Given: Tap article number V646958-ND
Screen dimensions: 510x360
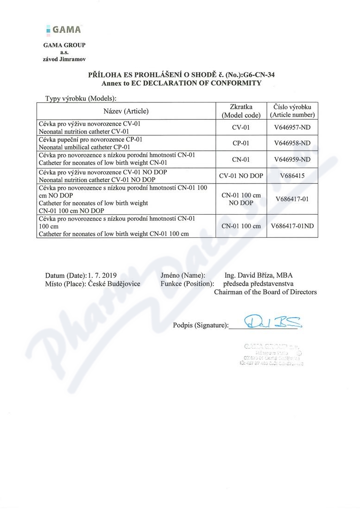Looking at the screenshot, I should [x=292, y=143].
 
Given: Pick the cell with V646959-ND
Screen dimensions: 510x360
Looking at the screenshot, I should [x=292, y=159].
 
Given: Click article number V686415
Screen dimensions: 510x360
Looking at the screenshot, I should [x=292, y=175].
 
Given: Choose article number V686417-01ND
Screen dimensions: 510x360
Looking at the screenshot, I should [x=292, y=226].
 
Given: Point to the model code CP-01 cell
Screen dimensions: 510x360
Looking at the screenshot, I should [x=241, y=143].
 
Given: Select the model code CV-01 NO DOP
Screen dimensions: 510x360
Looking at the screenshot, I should [x=241, y=175].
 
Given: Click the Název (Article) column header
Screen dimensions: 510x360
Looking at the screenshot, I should [x=126, y=111].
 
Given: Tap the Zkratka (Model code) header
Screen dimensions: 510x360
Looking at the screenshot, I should [x=241, y=111].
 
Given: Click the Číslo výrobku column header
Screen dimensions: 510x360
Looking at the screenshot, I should [x=292, y=111].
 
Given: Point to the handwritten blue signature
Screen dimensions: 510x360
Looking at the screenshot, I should [x=266, y=321].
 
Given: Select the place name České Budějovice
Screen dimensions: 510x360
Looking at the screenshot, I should [x=114, y=284].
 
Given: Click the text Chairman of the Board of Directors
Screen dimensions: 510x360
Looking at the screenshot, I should [x=265, y=292].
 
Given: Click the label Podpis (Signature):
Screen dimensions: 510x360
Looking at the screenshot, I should [x=201, y=325].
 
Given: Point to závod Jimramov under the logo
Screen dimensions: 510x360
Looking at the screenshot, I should [x=64, y=59].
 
